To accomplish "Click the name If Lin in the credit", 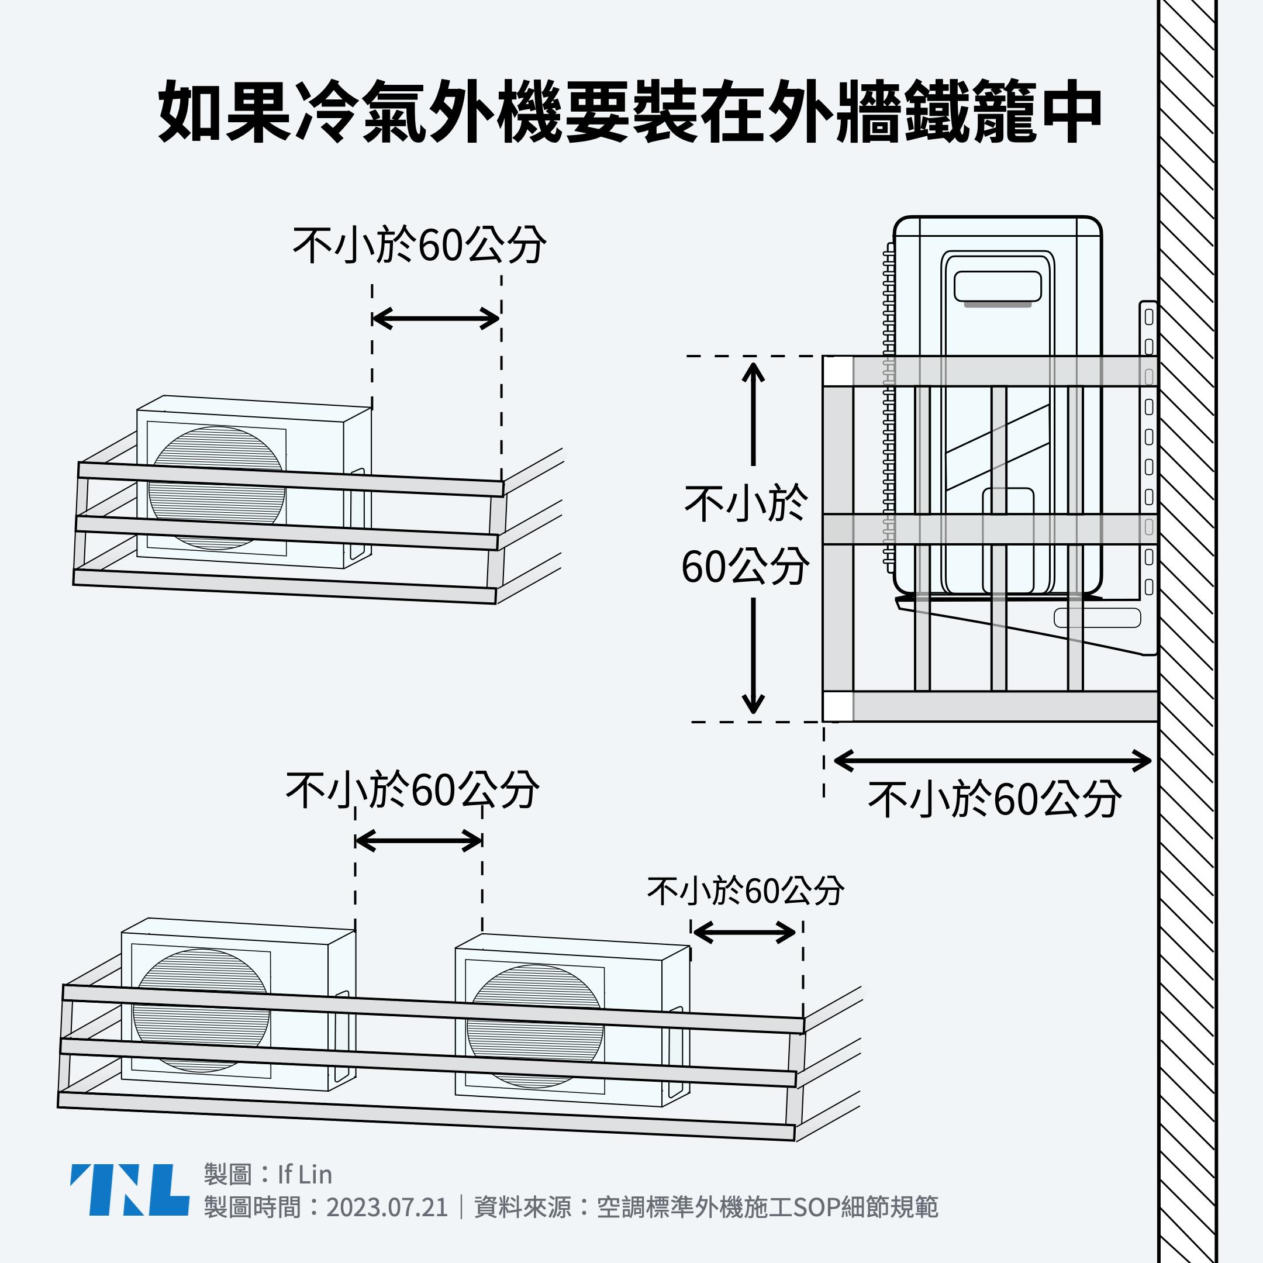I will (305, 1175).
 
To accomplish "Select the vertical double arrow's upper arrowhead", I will (753, 374).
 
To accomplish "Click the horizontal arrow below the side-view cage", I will (992, 761).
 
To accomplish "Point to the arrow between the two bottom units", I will (419, 841).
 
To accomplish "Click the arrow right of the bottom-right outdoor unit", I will (744, 932).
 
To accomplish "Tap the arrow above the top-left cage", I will (436, 319).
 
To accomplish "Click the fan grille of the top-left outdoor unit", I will (216, 486).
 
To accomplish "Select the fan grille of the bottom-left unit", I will (201, 1010).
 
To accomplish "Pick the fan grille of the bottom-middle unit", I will (535, 1027).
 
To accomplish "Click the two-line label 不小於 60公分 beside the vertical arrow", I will (746, 535).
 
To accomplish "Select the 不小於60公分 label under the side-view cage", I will (994, 799).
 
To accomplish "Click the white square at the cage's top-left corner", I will (837, 372).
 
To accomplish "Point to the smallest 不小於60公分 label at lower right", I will (746, 891).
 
